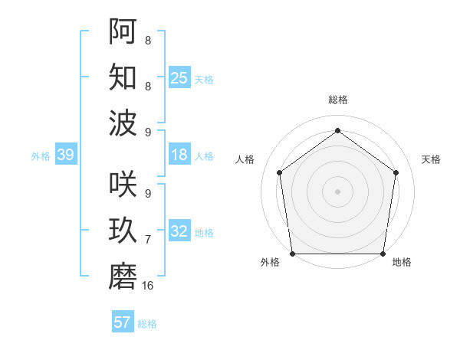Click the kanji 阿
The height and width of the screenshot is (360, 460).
(x=123, y=31)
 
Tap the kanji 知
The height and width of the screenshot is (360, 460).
(x=123, y=77)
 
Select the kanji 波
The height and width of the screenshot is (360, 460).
(x=123, y=123)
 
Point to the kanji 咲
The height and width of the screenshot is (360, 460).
(x=123, y=185)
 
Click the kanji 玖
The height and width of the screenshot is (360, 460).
(x=123, y=231)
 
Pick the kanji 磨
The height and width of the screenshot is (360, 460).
(x=123, y=277)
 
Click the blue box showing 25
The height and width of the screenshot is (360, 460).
(x=179, y=77)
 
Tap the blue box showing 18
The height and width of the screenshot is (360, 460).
(x=179, y=155)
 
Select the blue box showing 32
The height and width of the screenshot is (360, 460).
(x=179, y=231)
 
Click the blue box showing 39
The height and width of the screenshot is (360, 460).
(x=65, y=155)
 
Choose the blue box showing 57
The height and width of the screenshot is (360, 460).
(x=123, y=322)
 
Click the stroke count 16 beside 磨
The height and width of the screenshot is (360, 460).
(x=148, y=286)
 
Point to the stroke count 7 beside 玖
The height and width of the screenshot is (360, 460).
(x=148, y=240)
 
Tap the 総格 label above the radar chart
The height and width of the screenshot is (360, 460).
(x=338, y=100)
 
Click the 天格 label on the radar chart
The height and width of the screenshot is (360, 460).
(x=431, y=159)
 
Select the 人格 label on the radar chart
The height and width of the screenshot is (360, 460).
(x=245, y=159)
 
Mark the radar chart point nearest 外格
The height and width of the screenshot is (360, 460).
(x=292, y=254)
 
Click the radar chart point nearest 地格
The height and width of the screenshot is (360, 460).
(x=383, y=254)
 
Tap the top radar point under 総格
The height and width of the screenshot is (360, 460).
(x=338, y=130)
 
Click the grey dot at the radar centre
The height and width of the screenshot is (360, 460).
(x=338, y=191)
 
